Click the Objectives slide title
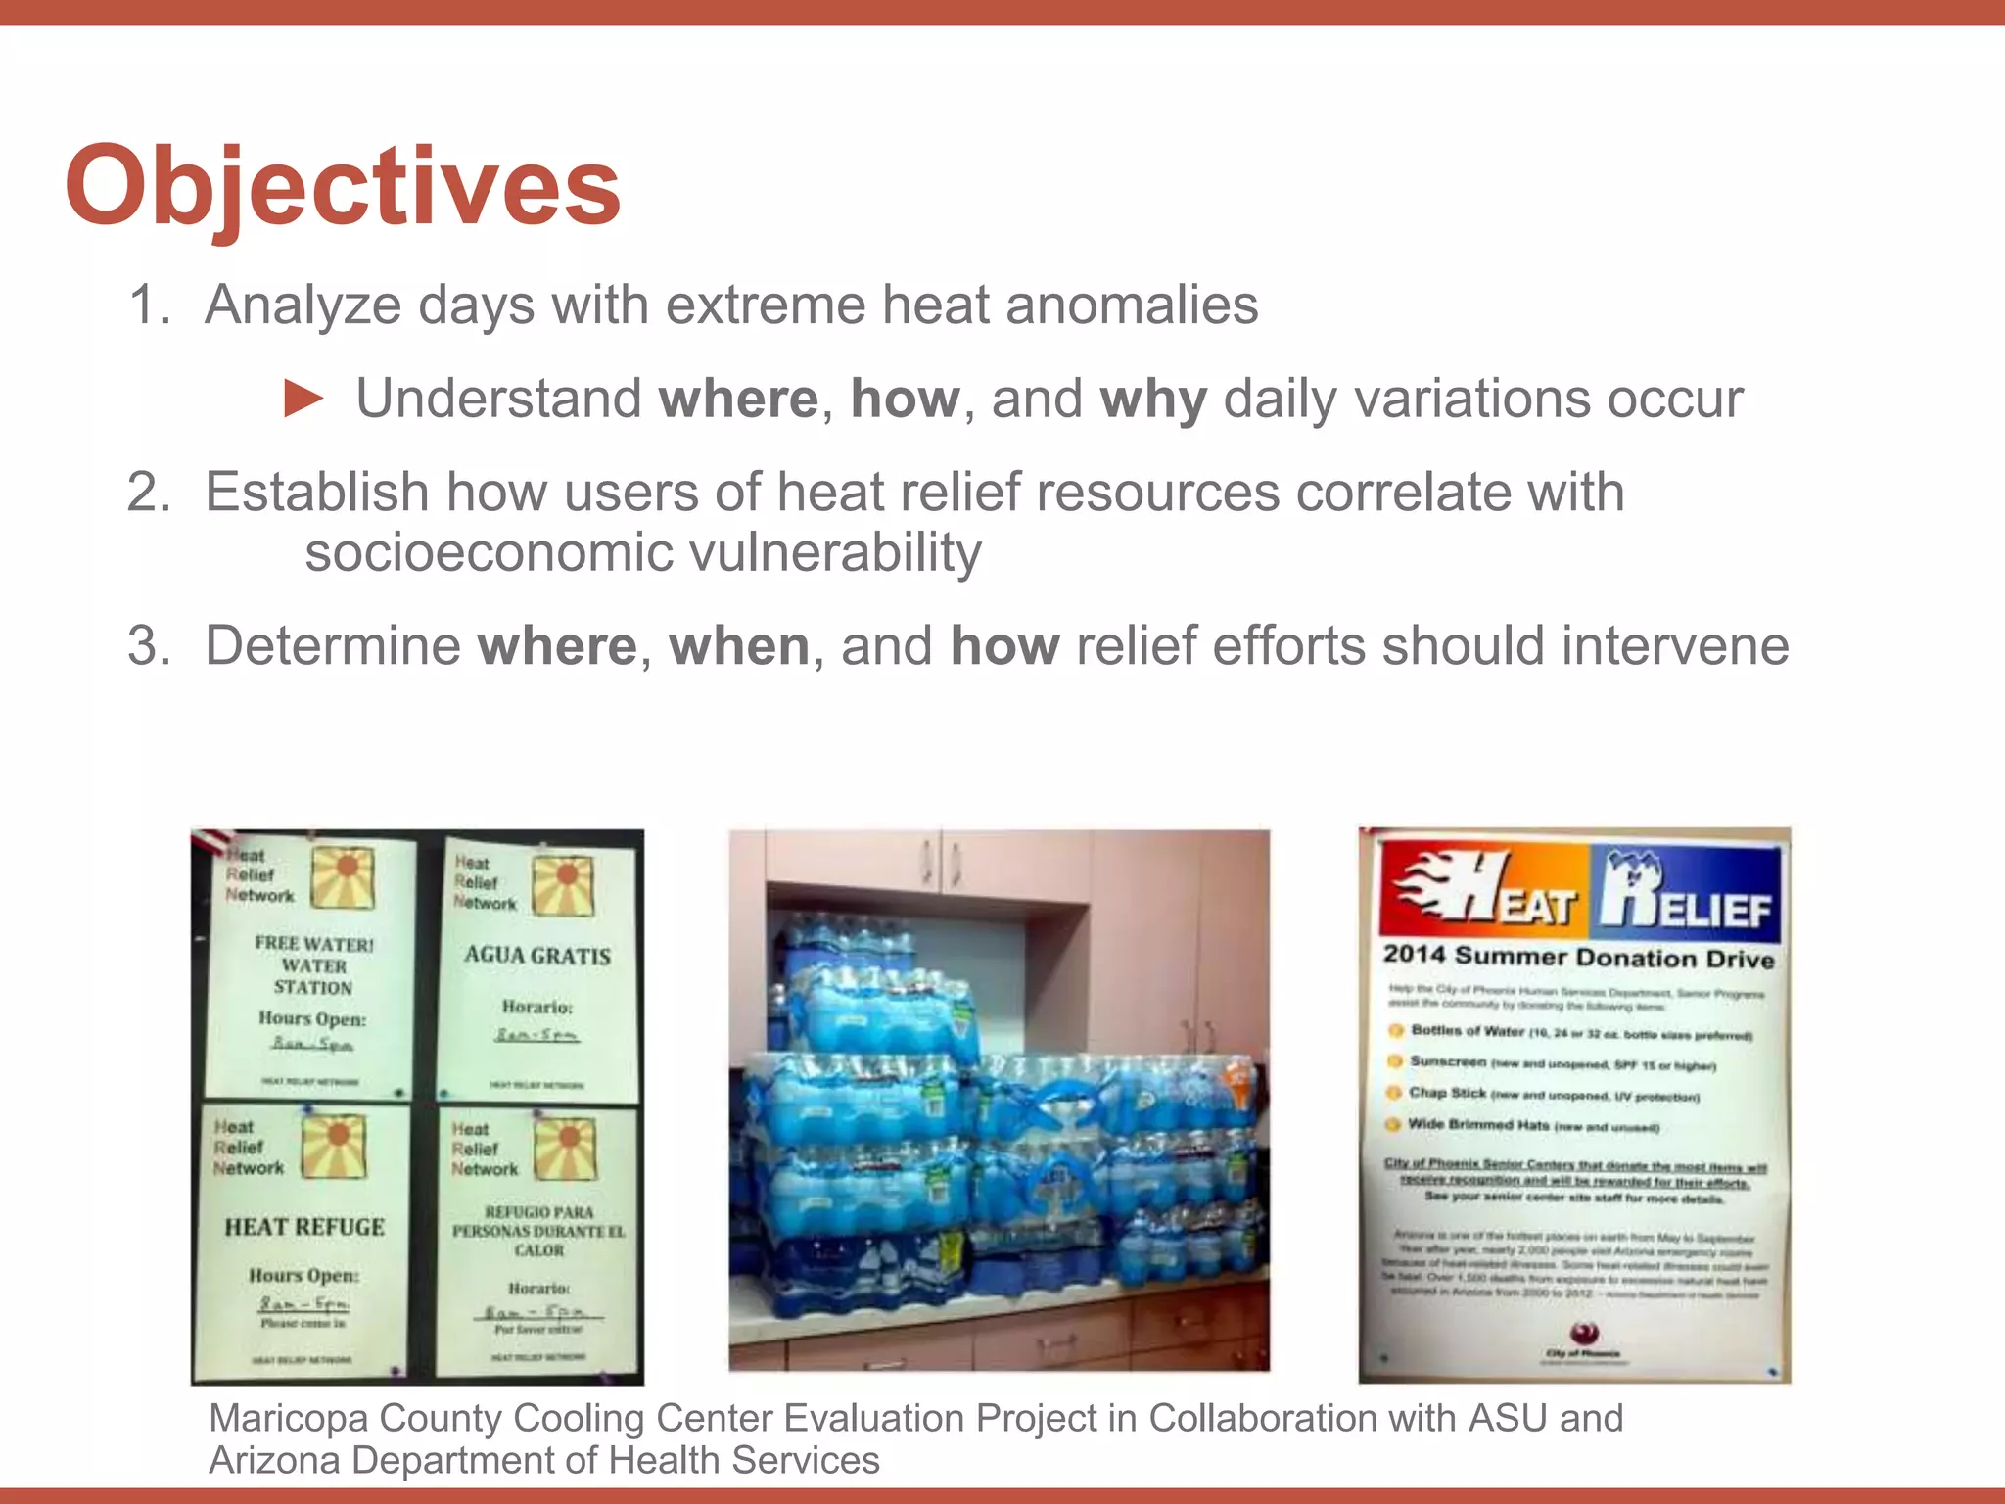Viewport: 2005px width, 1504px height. (x=343, y=186)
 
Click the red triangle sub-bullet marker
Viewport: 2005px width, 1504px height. (x=303, y=399)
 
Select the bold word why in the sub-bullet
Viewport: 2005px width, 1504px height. (x=1153, y=399)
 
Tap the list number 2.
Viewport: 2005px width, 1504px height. (x=148, y=492)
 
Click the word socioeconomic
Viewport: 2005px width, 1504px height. (x=490, y=553)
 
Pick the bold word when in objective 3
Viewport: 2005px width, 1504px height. (x=739, y=646)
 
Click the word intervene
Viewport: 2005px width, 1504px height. (x=1675, y=646)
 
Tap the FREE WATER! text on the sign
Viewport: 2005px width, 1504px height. (x=313, y=944)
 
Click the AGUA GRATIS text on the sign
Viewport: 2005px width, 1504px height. (x=537, y=956)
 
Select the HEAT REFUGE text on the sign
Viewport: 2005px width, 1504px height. (x=304, y=1227)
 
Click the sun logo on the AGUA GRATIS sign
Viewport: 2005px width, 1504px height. (x=563, y=885)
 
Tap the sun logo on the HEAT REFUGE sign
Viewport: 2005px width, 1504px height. (x=334, y=1146)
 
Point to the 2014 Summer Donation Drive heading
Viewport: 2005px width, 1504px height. (x=1578, y=958)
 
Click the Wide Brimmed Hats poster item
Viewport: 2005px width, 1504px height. (x=1478, y=1125)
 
